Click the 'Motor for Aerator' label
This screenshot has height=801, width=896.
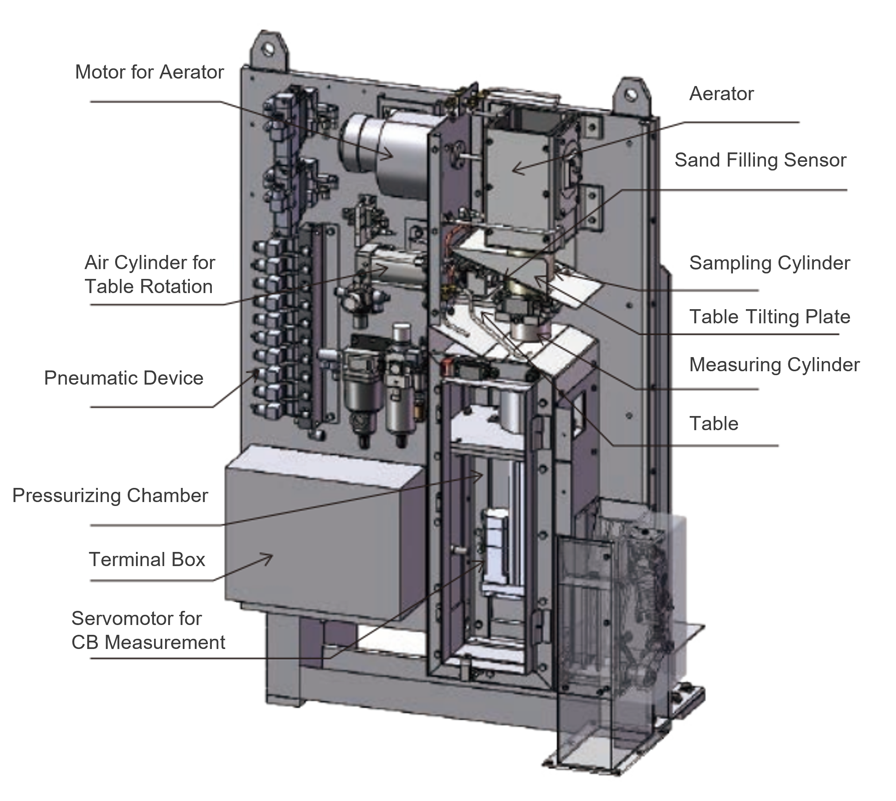click(149, 72)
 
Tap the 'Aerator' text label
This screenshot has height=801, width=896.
click(721, 94)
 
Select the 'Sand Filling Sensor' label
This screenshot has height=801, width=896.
click(760, 160)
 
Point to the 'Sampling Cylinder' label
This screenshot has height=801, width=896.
click(769, 263)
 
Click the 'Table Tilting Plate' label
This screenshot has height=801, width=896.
click(769, 317)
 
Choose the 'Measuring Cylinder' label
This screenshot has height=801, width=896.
click(774, 365)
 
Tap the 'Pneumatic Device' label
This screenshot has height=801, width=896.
click(124, 378)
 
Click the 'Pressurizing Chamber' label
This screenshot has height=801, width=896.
click(110, 495)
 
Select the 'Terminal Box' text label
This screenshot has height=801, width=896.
click(147, 559)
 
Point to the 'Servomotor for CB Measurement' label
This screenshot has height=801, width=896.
click(148, 630)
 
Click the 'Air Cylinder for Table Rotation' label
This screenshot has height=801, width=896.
click(149, 275)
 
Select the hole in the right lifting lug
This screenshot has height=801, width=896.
click(630, 94)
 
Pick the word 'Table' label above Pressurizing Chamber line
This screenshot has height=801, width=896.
click(713, 424)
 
